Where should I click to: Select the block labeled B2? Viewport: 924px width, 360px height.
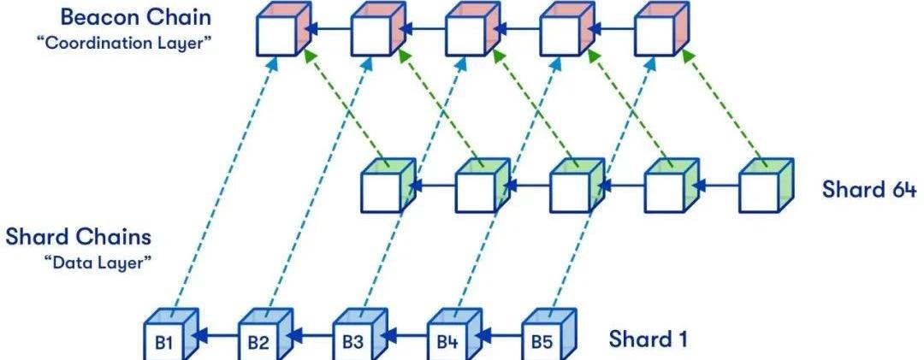258,342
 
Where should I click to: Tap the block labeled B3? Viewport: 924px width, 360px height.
352,342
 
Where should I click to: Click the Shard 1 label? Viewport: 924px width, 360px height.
648,339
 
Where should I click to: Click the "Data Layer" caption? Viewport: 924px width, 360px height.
98,262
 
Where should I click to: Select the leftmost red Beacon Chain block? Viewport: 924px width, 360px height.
279,32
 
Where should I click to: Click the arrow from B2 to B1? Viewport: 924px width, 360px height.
217,337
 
